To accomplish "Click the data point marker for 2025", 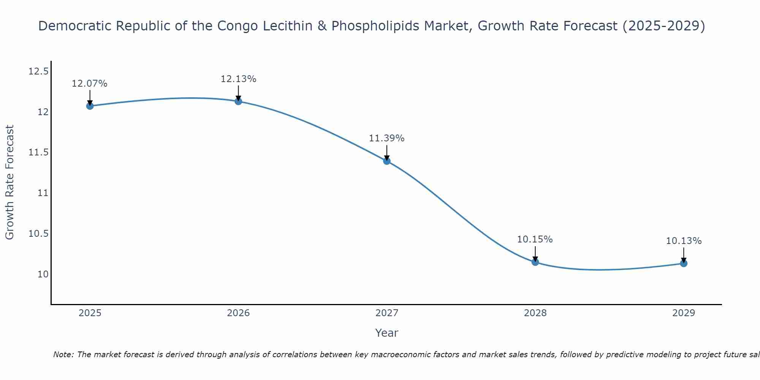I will pyautogui.click(x=90, y=106).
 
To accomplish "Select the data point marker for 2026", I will pyautogui.click(x=238, y=101).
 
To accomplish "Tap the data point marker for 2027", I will pyautogui.click(x=387, y=161).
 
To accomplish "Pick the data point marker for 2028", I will pyautogui.click(x=535, y=262).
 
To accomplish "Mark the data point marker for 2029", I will pyautogui.click(x=684, y=263).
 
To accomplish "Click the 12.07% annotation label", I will pyautogui.click(x=90, y=84).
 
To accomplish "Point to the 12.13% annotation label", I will pyautogui.click(x=238, y=79).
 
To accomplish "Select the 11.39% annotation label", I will pyautogui.click(x=387, y=138).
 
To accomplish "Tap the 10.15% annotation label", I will pyautogui.click(x=535, y=239).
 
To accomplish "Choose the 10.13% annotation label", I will pyautogui.click(x=684, y=241).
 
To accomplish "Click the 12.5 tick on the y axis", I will pyautogui.click(x=38, y=71).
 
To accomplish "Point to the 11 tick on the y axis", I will pyautogui.click(x=43, y=193).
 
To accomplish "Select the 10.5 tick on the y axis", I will pyautogui.click(x=38, y=234).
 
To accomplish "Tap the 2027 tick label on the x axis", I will pyautogui.click(x=387, y=313).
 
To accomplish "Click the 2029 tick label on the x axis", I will pyautogui.click(x=684, y=313).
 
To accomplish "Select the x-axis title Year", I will pyautogui.click(x=387, y=333).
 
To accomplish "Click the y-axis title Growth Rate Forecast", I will pyautogui.click(x=10, y=182).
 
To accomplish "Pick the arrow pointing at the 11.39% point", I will pyautogui.click(x=387, y=153).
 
